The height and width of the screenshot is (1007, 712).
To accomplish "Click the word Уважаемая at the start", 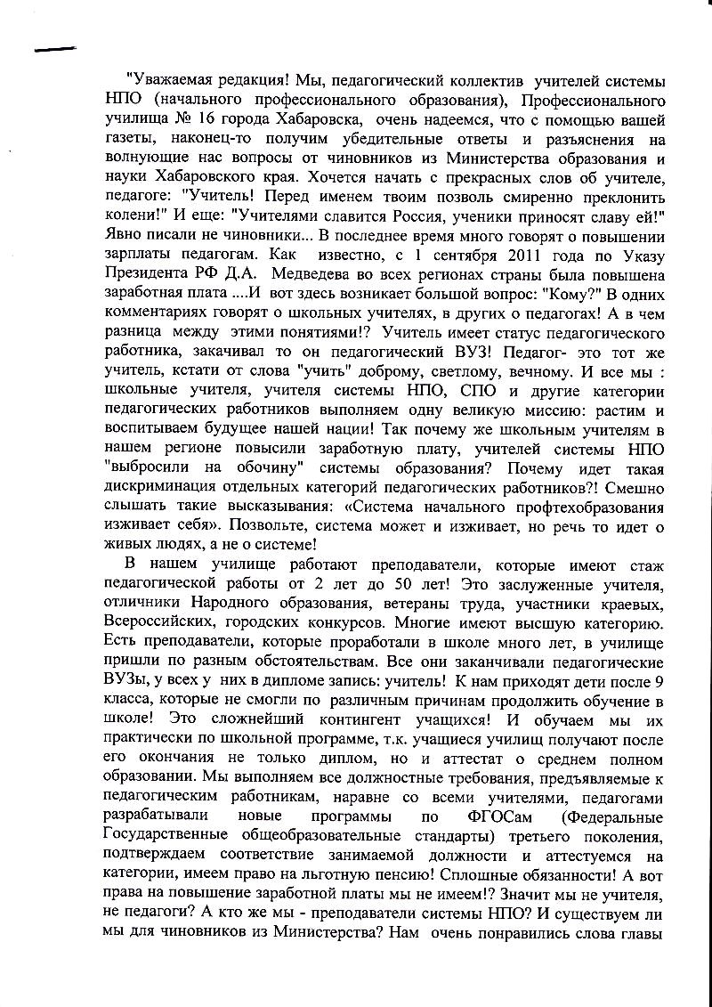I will click(174, 82).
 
